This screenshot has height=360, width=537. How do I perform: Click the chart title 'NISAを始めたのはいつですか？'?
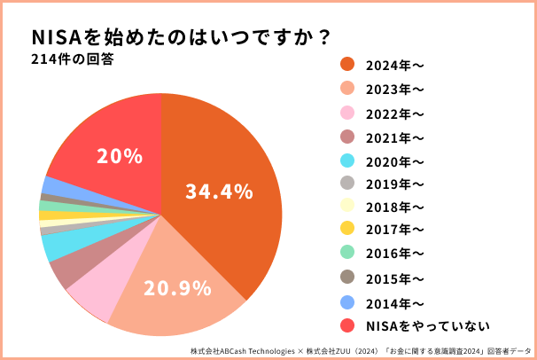point(182,37)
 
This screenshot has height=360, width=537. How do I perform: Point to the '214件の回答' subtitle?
point(71,60)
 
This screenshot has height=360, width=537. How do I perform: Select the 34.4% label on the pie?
point(219,191)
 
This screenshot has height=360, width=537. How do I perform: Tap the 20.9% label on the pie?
point(176,287)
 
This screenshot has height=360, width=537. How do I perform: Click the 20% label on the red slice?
point(120,157)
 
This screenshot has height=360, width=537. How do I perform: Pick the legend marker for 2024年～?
point(347,65)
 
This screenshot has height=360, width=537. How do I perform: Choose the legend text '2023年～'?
point(395,88)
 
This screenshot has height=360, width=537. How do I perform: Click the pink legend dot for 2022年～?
point(347,113)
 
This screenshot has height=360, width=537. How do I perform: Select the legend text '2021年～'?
point(395,137)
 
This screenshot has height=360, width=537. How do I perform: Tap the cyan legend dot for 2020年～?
point(347,161)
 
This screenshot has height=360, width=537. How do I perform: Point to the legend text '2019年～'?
point(395,184)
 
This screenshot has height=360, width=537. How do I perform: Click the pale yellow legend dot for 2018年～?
point(347,207)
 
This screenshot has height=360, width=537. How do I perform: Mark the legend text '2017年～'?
point(395,231)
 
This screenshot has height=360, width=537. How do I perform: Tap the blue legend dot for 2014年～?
point(347,301)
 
